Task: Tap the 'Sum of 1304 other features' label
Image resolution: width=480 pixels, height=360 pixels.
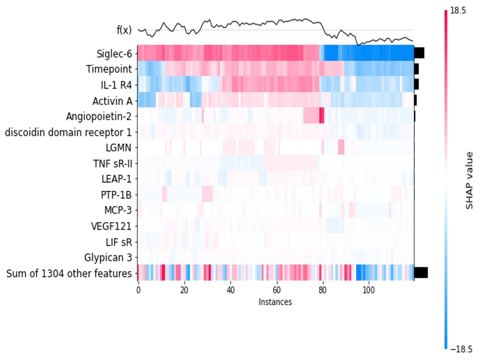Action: pos(69,274)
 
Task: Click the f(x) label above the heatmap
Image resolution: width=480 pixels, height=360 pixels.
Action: pos(124,30)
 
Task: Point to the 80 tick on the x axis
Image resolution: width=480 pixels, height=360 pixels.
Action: pos(323,291)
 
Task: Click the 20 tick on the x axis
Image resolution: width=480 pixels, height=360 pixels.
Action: pos(184,291)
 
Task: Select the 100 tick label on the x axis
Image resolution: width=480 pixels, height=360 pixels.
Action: pos(369,291)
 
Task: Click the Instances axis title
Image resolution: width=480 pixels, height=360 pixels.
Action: pos(275,302)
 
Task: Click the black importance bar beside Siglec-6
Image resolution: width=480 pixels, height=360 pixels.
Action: pos(419,53)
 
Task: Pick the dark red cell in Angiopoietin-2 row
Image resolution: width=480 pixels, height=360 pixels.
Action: pos(322,116)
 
